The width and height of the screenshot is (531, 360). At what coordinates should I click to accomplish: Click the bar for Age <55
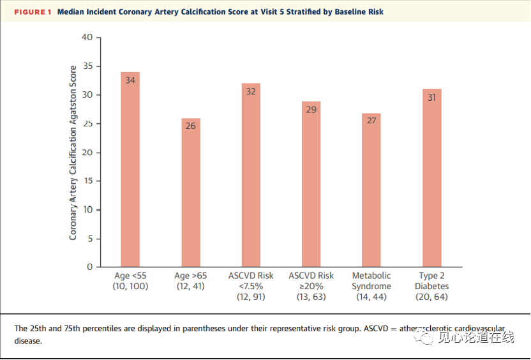[x=130, y=169]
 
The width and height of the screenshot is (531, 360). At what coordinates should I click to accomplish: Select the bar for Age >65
[x=191, y=192]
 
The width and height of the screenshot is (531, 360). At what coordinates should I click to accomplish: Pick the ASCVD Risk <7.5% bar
[x=251, y=175]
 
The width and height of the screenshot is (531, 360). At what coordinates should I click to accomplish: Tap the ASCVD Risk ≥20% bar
[x=311, y=184]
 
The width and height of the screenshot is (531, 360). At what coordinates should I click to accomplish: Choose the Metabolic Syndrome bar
[x=371, y=190]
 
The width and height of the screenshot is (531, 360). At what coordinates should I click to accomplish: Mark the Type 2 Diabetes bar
[x=432, y=178]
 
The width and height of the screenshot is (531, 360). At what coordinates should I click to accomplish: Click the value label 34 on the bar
[x=130, y=80]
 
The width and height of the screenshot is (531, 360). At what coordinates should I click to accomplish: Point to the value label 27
[x=371, y=121]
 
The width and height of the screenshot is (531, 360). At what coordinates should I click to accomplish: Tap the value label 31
[x=431, y=98]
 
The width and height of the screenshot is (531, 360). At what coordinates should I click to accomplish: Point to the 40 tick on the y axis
[x=87, y=37]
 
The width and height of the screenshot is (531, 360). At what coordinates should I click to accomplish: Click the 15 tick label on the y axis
[x=87, y=181]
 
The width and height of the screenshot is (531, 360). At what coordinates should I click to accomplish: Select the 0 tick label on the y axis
[x=90, y=267]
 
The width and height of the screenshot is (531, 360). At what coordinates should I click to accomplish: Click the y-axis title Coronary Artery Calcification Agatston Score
[x=73, y=153]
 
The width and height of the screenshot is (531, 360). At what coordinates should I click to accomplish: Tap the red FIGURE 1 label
[x=33, y=12]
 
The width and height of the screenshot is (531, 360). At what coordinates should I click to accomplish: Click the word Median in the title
[x=70, y=12]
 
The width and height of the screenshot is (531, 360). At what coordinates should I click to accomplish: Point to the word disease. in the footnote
[x=28, y=341]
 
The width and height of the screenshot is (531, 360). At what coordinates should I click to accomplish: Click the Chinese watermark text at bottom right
[x=476, y=337]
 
